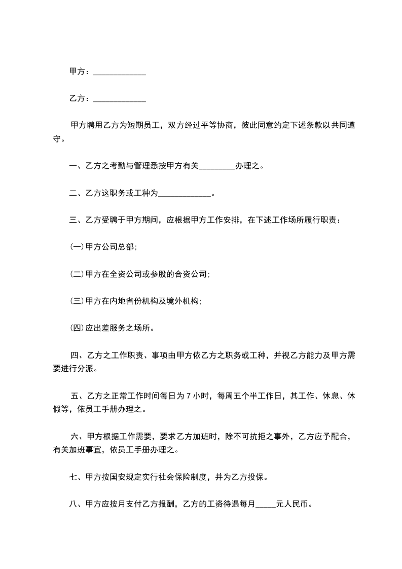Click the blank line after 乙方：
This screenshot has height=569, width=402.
120,98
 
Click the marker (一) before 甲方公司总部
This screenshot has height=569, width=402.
77,247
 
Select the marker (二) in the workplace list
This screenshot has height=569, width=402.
77,274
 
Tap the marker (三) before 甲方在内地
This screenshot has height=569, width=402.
77,301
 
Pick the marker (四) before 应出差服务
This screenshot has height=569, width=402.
77,328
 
